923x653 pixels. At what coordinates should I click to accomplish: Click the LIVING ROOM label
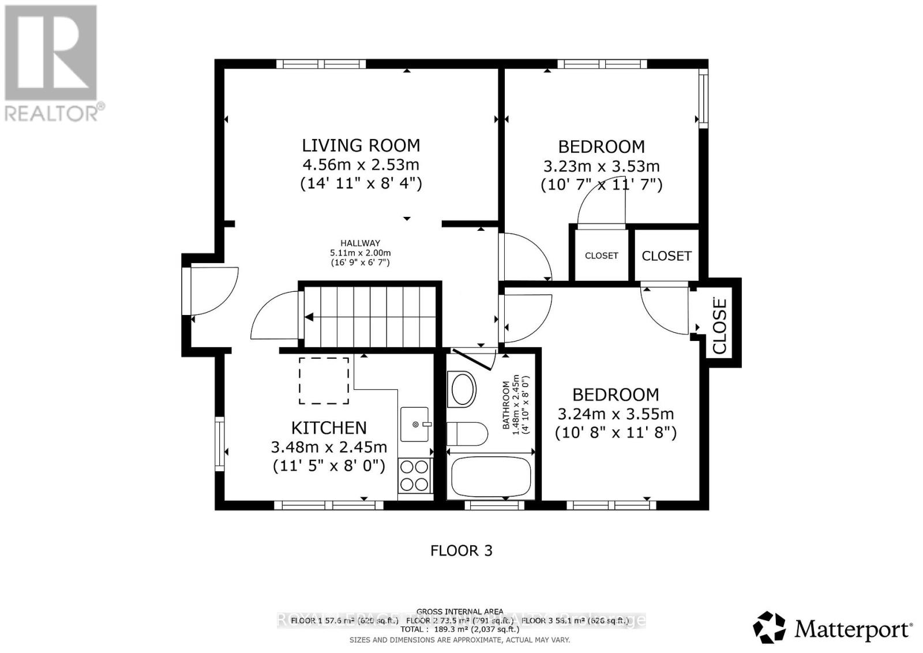point(361,145)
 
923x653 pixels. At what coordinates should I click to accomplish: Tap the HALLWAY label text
point(360,243)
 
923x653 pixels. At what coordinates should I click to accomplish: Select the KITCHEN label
point(329,428)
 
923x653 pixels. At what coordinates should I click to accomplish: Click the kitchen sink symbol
point(415,424)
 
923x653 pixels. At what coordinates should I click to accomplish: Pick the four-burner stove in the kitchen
point(415,475)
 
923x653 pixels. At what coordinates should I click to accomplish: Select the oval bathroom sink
point(463,389)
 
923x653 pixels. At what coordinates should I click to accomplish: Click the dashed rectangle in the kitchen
point(324,381)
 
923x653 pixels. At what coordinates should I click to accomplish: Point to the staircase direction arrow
point(310,317)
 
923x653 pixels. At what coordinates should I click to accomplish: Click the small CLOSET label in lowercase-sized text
point(601,256)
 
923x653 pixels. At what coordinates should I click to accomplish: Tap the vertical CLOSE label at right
point(719,326)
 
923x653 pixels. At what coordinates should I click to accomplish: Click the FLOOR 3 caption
point(461,551)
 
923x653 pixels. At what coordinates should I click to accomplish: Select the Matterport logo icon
point(769,628)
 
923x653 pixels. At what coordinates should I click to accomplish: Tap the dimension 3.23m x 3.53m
point(601,167)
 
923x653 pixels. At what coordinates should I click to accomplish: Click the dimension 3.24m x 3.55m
point(615,414)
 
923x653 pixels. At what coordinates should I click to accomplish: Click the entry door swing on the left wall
point(213,291)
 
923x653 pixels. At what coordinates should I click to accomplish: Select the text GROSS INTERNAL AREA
point(460,611)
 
